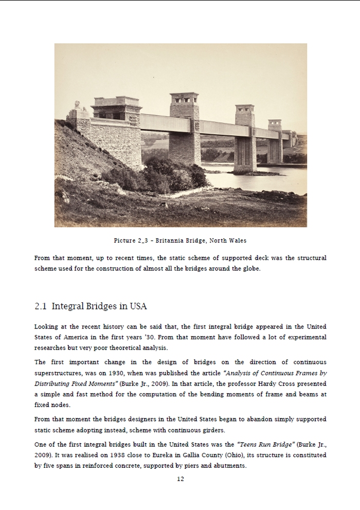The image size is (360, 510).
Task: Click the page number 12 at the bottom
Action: tap(180, 479)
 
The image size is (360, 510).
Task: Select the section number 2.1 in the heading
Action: tap(41, 306)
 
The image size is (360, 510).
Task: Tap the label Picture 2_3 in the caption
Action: tap(131, 241)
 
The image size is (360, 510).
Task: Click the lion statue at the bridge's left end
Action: tap(79, 108)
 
